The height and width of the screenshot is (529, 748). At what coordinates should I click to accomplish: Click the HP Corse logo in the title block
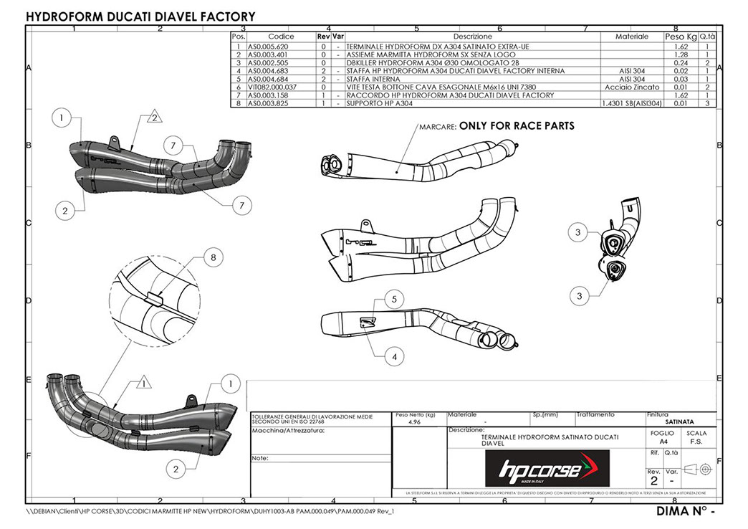547,469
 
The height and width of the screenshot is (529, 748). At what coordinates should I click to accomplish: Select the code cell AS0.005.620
268,47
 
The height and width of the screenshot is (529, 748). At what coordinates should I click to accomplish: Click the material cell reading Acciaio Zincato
631,87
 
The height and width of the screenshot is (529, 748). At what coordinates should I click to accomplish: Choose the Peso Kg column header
680,36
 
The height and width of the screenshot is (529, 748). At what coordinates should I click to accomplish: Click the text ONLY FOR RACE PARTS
517,125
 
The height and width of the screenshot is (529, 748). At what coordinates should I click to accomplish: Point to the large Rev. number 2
653,482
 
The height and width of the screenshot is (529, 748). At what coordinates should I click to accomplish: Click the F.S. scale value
696,443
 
